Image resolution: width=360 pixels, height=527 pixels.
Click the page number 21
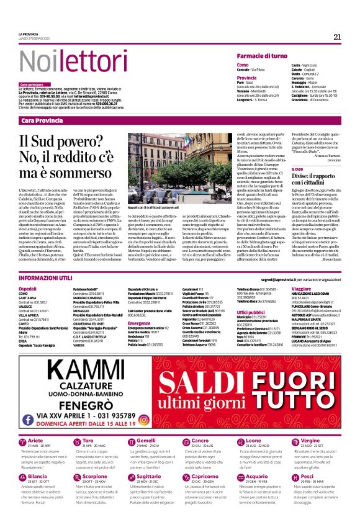(x=337, y=37)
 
